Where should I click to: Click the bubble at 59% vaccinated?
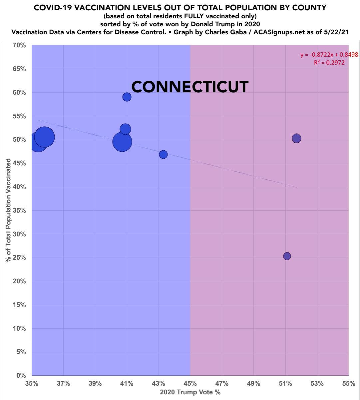pyautogui.click(x=127, y=97)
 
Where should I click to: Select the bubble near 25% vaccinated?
pyautogui.click(x=287, y=256)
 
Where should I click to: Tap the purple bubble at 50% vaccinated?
pyautogui.click(x=297, y=138)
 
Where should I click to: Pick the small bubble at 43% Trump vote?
pyautogui.click(x=163, y=154)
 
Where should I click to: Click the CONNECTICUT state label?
pyautogui.click(x=190, y=87)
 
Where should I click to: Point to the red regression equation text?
pyautogui.click(x=324, y=55)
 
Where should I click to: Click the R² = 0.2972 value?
pyautogui.click(x=329, y=62)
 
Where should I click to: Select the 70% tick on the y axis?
pyautogui.click(x=19, y=45)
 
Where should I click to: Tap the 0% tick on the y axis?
pyautogui.click(x=21, y=376)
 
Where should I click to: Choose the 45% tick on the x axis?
pyautogui.click(x=190, y=383)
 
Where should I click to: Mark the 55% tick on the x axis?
pyautogui.click(x=349, y=383)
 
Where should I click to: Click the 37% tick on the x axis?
pyautogui.click(x=63, y=383)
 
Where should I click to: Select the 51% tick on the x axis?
pyautogui.click(x=285, y=383)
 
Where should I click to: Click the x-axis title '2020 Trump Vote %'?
pyautogui.click(x=190, y=392)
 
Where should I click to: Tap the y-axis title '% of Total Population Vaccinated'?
pyautogui.click(x=8, y=210)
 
